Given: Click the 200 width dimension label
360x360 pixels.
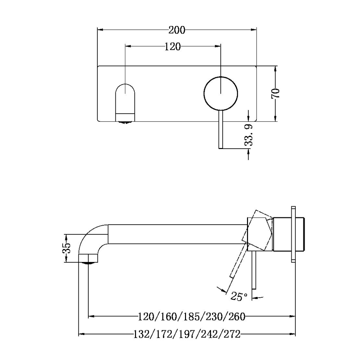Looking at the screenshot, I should point(177,30).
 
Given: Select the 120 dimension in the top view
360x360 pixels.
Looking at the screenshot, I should point(173,47).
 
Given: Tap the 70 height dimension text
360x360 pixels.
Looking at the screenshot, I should point(276,93).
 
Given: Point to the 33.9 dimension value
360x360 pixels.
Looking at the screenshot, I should point(249,135).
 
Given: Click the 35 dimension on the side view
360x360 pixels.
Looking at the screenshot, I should point(67,248).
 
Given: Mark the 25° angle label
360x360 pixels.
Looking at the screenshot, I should point(239,296).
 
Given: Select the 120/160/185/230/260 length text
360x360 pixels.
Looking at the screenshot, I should point(192,316).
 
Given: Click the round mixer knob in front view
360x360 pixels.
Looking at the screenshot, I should point(221,93).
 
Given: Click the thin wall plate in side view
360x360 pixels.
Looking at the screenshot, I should point(293,233).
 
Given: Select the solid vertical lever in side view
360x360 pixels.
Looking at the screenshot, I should point(254,270).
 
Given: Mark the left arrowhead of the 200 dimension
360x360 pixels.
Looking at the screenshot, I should point(100,30).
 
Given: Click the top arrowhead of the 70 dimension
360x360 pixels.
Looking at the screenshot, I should point(275,68).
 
